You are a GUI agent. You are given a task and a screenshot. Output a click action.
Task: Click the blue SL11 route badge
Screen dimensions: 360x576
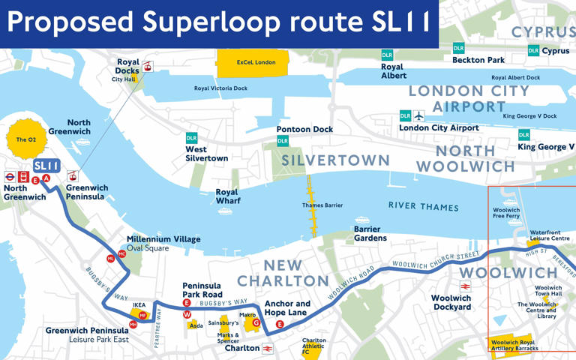click(x=46, y=165)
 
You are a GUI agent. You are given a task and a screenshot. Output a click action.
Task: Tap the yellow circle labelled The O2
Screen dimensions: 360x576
click(x=26, y=139)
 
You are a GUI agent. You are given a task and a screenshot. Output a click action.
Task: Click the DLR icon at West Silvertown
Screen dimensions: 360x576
click(x=192, y=138)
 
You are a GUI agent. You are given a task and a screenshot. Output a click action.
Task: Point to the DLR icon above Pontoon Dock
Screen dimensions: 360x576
click(x=283, y=141)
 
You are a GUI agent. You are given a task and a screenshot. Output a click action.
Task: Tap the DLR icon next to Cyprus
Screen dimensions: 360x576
click(x=533, y=51)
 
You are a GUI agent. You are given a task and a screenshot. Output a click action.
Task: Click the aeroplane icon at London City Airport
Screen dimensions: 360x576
click(x=418, y=115)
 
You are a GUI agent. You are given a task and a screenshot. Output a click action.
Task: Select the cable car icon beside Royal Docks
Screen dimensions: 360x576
click(x=148, y=67)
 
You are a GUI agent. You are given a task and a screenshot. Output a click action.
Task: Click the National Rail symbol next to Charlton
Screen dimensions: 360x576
click(x=268, y=349)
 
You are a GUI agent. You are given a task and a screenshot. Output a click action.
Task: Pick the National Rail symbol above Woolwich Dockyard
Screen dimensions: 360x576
click(x=465, y=286)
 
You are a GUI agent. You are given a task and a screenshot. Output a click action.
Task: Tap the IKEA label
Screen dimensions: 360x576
click(x=139, y=305)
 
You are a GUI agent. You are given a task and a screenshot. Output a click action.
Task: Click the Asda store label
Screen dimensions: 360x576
click(x=196, y=325)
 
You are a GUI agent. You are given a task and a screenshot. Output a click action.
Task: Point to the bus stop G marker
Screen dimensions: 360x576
click(x=256, y=323)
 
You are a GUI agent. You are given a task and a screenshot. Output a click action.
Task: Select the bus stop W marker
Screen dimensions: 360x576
click(x=187, y=314)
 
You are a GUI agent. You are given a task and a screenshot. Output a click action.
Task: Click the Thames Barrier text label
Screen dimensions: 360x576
click(x=323, y=205)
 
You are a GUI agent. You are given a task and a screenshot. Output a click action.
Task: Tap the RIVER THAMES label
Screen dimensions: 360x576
click(x=423, y=206)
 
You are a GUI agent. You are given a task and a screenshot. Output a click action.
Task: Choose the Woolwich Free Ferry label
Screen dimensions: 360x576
click(x=506, y=213)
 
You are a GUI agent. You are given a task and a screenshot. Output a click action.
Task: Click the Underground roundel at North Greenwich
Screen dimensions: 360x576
click(x=9, y=178)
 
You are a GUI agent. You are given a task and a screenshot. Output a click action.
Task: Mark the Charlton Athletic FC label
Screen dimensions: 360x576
click(x=314, y=346)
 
